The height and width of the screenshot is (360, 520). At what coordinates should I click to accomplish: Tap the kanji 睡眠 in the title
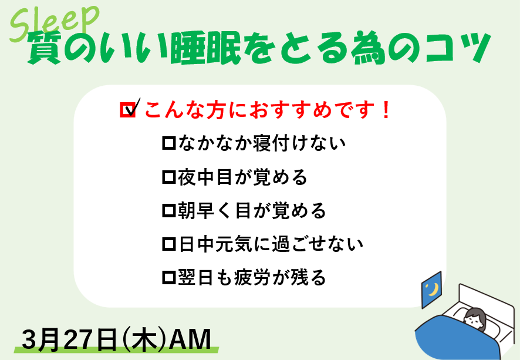205,48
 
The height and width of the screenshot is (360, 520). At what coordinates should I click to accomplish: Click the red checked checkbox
129,109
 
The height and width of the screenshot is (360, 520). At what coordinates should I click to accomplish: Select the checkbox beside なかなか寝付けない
169,143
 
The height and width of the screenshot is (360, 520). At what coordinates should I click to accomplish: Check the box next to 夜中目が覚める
169,177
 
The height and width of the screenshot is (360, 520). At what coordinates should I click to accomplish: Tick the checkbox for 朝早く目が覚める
169,210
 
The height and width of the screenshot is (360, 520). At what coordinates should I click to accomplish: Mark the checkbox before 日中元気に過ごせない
169,244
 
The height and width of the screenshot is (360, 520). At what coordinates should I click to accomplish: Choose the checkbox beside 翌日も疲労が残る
169,277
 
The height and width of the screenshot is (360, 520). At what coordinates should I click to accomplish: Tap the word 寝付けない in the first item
299,143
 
